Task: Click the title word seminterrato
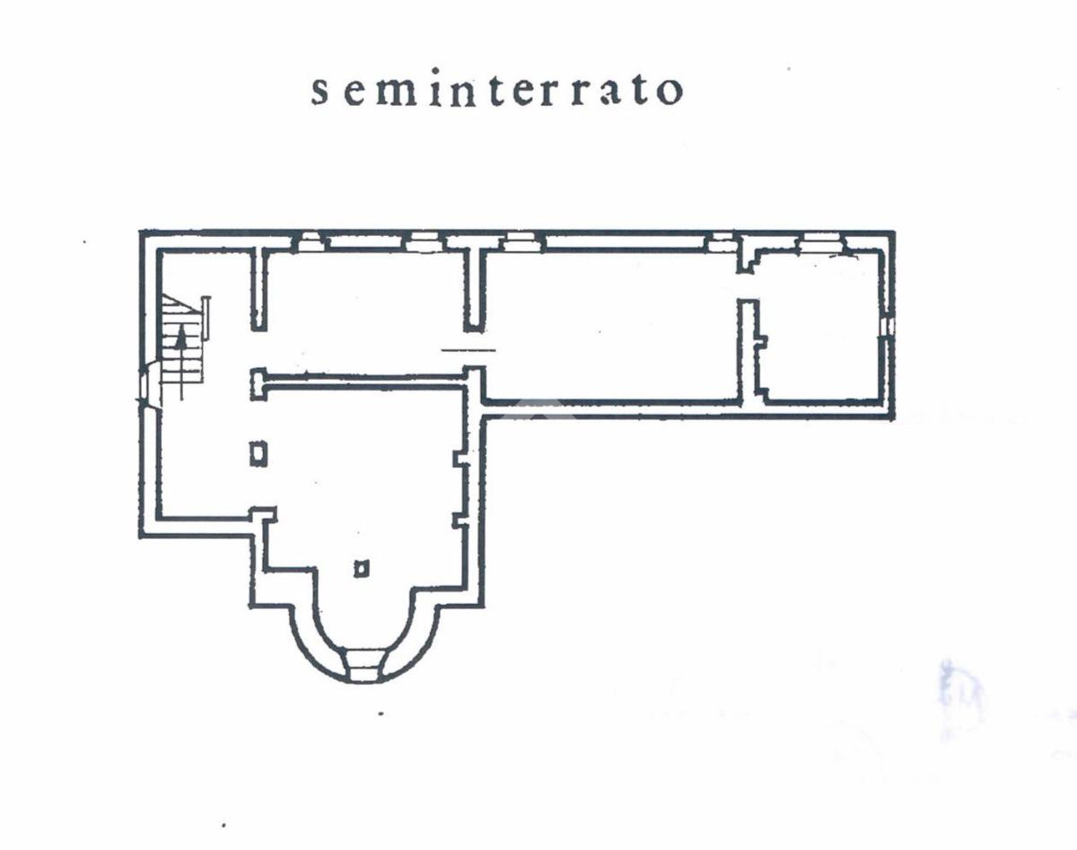pyautogui.click(x=497, y=91)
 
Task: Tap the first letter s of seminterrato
pyautogui.click(x=320, y=92)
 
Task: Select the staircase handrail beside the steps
pyautogui.click(x=206, y=318)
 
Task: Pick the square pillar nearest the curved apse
pyautogui.click(x=361, y=567)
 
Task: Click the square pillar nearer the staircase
pyautogui.click(x=258, y=453)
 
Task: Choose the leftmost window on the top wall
pyautogui.click(x=310, y=241)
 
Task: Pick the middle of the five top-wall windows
pyautogui.click(x=519, y=241)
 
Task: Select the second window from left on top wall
pyautogui.click(x=422, y=241)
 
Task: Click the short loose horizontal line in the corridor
pyautogui.click(x=468, y=348)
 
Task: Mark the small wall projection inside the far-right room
pyautogui.click(x=761, y=342)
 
